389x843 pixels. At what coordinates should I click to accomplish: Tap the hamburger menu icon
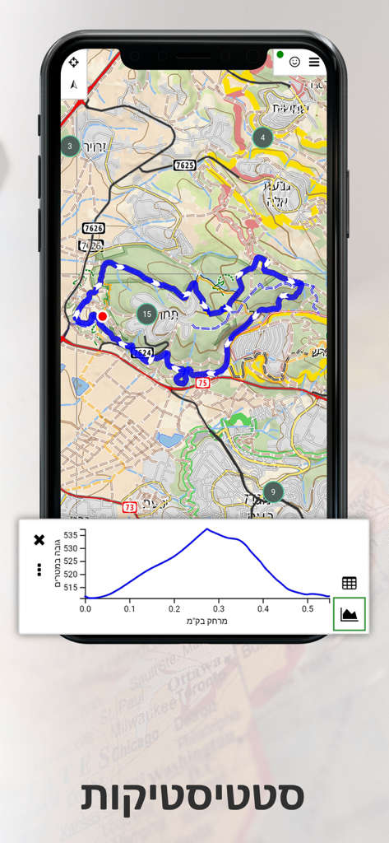click(315, 62)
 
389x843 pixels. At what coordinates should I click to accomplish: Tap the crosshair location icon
click(74, 62)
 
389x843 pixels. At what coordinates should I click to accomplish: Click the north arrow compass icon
click(74, 84)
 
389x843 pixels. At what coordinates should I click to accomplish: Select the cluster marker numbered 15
click(146, 314)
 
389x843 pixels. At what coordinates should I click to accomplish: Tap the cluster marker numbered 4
click(262, 137)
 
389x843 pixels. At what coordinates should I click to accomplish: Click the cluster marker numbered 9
click(273, 492)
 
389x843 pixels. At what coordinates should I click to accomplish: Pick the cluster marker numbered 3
click(70, 147)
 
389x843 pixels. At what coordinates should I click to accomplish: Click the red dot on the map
click(102, 316)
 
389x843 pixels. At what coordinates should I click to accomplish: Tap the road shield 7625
click(185, 165)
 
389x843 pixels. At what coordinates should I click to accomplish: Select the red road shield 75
click(202, 383)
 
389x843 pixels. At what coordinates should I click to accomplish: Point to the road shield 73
click(129, 507)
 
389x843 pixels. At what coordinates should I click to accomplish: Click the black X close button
click(39, 540)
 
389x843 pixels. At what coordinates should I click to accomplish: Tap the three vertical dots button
click(39, 569)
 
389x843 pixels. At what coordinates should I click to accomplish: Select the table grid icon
click(350, 583)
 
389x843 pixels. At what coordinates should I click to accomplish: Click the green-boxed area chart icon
click(350, 614)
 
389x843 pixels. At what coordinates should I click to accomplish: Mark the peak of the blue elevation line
click(207, 529)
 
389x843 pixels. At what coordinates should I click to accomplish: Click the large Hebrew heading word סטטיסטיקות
click(193, 796)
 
